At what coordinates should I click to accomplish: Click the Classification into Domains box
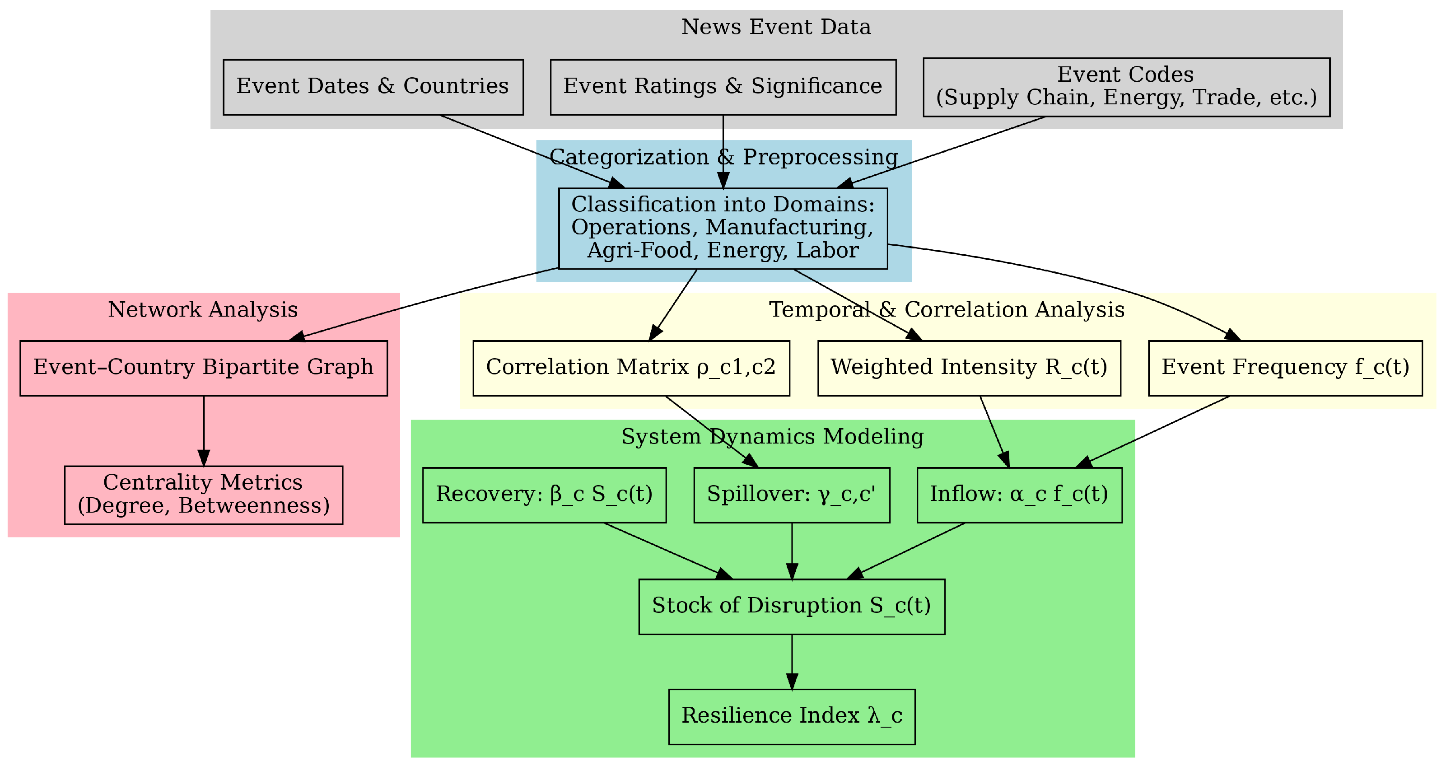pos(723,228)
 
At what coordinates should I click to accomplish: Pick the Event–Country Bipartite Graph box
pos(203,368)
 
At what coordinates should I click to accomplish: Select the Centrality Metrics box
pos(203,495)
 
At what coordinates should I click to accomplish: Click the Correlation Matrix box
pos(631,368)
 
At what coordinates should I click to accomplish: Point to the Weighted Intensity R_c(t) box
pos(969,368)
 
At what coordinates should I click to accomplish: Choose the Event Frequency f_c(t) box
pos(1285,368)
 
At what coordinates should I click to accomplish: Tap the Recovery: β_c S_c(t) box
pos(544,495)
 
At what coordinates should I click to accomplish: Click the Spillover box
pos(792,495)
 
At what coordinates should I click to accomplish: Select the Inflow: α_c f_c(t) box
pos(1019,495)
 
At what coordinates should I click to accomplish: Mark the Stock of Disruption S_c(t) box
pos(792,607)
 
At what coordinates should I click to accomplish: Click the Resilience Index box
pos(792,717)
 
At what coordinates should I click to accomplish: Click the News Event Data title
pos(776,27)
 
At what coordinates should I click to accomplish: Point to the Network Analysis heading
pos(203,309)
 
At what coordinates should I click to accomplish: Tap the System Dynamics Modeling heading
pos(772,436)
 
